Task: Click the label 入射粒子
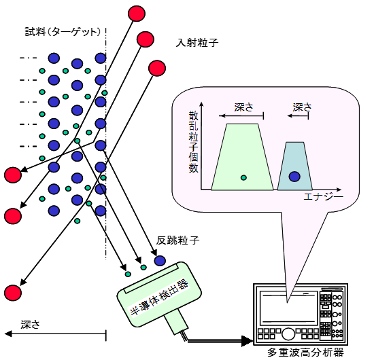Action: pos(197,43)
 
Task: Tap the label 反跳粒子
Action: pos(177,240)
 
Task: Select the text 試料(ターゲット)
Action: pos(63,32)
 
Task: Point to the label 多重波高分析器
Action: pos(305,353)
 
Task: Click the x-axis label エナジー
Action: pos(323,197)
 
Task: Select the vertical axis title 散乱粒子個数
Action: pos(193,141)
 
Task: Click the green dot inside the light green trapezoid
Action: pos(243,177)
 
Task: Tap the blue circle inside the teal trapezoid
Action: pos(294,177)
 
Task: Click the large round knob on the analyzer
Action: pos(288,334)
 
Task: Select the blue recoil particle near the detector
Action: pos(160,261)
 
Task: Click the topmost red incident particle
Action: pos(137,14)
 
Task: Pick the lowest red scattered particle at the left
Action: pos(13,293)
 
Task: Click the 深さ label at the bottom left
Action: pos(30,325)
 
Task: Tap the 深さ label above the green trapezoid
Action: pos(243,107)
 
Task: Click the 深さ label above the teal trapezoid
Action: pos(303,107)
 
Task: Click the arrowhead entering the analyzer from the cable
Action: pos(247,341)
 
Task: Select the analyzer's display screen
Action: pos(288,308)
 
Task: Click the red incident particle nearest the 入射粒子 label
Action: pos(146,39)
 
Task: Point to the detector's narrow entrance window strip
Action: pos(152,278)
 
